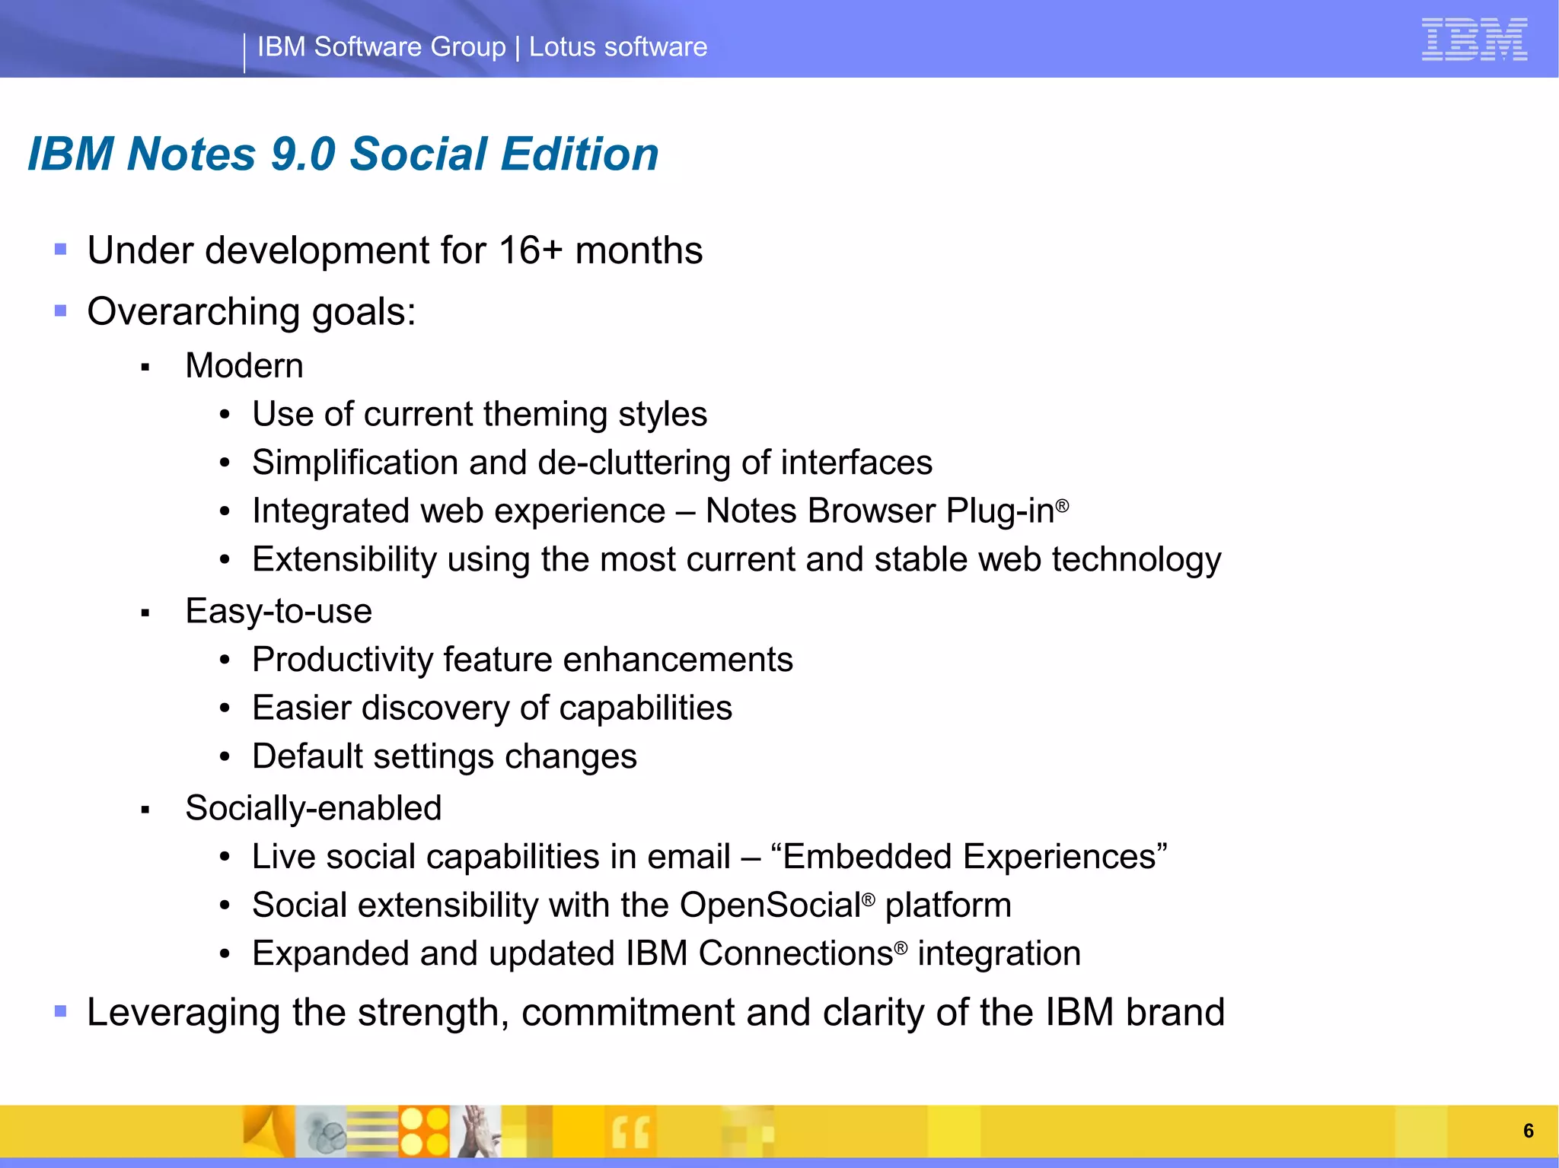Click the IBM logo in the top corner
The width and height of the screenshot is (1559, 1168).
[x=1474, y=40]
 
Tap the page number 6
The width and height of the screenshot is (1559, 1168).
[x=1528, y=1131]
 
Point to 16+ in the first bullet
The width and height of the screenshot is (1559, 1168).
[x=531, y=250]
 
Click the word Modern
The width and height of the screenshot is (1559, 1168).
[x=244, y=366]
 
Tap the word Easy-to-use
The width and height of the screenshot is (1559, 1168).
[x=279, y=611]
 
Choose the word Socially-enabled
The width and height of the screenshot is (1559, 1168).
[x=314, y=808]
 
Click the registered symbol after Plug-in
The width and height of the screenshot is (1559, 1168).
[x=1063, y=505]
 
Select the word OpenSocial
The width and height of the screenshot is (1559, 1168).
[x=770, y=905]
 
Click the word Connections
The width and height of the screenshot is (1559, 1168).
[x=795, y=953]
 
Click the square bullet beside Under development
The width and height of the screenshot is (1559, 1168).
[x=61, y=249]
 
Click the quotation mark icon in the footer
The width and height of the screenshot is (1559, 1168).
[x=630, y=1131]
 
